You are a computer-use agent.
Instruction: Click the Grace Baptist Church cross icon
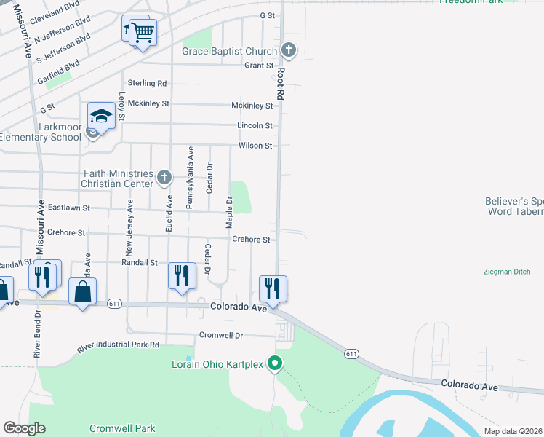pos(289,51)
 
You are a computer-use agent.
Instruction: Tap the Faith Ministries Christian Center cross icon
pos(164,176)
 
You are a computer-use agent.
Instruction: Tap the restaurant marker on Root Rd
pos(273,288)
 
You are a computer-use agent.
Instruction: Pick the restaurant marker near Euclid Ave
pos(182,276)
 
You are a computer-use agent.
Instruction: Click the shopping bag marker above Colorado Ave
pos(82,292)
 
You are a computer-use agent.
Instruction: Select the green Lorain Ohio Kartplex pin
pos(274,362)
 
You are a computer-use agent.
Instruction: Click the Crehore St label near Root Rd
pos(251,240)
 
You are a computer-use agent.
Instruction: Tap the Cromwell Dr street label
pos(220,336)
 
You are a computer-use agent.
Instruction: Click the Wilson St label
pos(255,146)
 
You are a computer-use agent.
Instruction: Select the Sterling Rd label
pos(147,84)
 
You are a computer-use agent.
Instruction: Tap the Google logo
pos(24,428)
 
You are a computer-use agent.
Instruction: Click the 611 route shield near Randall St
pos(113,303)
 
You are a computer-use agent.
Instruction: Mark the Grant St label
pos(258,65)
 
